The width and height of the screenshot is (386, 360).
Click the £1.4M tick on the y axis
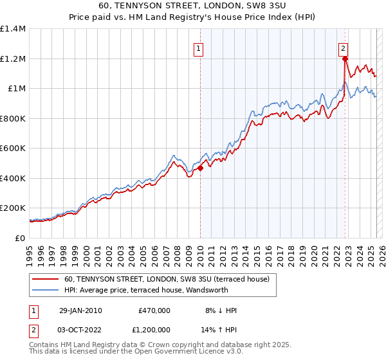tap(13, 29)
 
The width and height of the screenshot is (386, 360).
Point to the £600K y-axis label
tap(13, 148)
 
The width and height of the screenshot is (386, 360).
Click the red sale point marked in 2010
tap(200, 168)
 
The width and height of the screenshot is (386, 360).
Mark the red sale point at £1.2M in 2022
tap(345, 59)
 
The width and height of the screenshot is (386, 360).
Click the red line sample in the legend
tap(46, 280)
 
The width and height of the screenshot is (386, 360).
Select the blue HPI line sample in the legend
tap(46, 291)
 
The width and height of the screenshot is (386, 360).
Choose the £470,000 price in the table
tap(154, 310)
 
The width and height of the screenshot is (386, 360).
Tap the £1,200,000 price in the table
tap(151, 330)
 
